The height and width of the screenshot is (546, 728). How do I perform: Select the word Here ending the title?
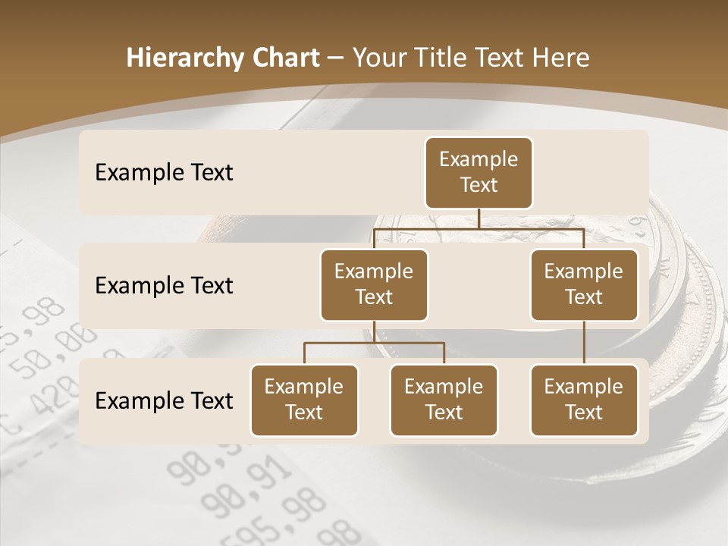point(561,58)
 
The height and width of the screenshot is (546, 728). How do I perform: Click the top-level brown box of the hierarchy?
point(479,173)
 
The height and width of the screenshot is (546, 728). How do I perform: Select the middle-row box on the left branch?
point(374,285)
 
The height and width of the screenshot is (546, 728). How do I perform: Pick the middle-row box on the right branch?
point(584,285)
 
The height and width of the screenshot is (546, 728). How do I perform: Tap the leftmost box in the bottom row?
point(304,400)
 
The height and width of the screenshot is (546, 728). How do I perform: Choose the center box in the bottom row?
point(444,400)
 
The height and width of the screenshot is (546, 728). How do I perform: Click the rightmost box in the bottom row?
point(584,400)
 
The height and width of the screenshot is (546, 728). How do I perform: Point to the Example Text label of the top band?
point(164,173)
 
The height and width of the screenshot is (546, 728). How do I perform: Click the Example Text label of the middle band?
point(164,286)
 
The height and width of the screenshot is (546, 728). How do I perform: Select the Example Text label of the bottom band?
point(164,401)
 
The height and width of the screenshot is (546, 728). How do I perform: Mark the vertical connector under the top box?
point(479,218)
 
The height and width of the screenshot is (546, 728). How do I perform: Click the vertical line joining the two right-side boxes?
point(584,343)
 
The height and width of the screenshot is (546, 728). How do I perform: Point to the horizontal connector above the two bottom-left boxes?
point(374,343)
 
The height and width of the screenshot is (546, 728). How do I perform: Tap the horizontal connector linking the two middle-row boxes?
point(479,227)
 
